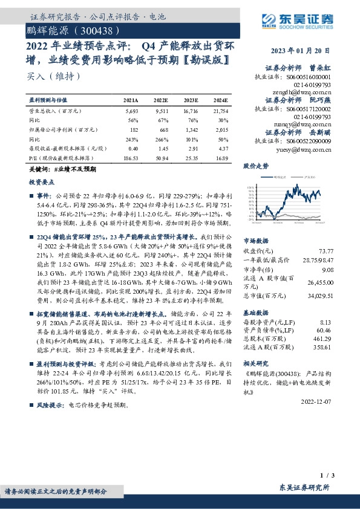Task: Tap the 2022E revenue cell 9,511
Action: [x=161, y=112]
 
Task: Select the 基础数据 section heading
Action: [x=255, y=314]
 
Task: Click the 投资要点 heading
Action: [x=42, y=181]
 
